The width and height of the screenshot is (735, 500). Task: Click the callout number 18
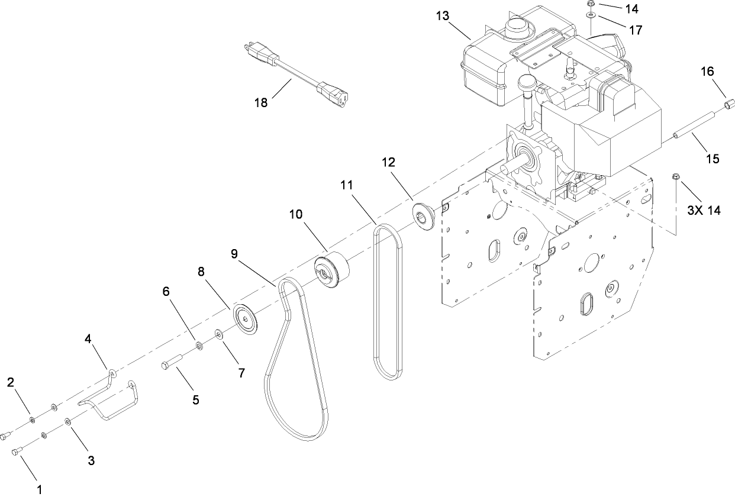pyautogui.click(x=261, y=102)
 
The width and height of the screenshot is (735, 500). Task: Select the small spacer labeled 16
pyautogui.click(x=726, y=107)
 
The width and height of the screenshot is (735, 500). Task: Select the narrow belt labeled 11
pyautogui.click(x=388, y=302)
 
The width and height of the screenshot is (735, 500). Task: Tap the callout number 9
pyautogui.click(x=235, y=254)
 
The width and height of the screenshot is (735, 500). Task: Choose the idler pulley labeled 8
pyautogui.click(x=244, y=318)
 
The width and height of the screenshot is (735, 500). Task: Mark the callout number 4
pyautogui.click(x=88, y=339)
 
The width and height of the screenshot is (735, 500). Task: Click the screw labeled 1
pyautogui.click(x=17, y=451)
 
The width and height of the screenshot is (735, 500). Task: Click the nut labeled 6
pyautogui.click(x=199, y=345)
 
